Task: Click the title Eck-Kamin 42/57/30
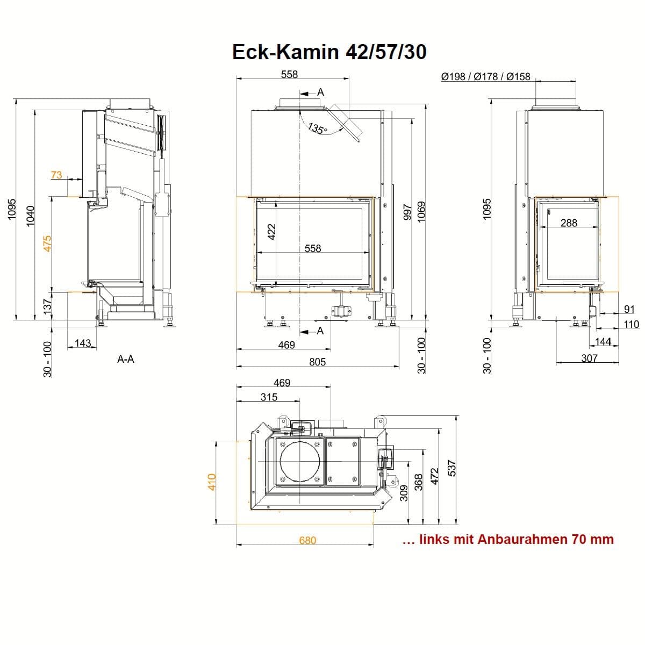329,52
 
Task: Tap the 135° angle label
317,128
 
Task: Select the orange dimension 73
56,175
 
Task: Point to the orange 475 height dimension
47,243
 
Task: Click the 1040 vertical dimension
30,216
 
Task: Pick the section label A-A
126,359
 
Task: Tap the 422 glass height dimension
271,232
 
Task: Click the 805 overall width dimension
317,362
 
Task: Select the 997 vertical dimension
407,212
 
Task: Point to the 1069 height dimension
421,212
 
